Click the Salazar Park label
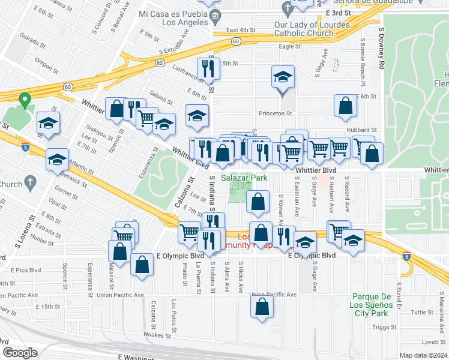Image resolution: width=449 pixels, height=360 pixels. (244, 178)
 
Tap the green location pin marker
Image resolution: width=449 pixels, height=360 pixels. (25, 100)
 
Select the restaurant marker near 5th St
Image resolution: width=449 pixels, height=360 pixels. (208, 69)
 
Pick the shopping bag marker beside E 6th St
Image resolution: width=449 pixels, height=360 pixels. (345, 106)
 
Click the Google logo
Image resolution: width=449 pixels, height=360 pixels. (20, 353)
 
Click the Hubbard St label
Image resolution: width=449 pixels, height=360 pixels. (361, 130)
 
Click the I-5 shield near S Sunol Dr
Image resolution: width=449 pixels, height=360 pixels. (408, 257)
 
